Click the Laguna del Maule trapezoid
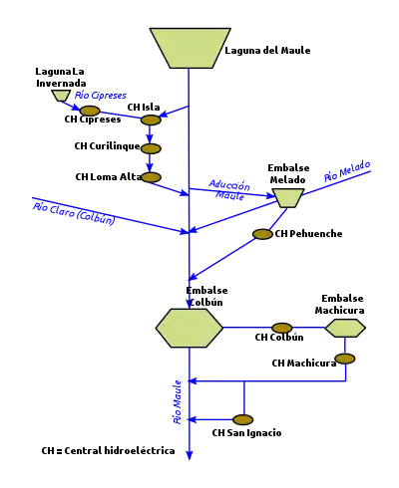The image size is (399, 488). (x=190, y=48)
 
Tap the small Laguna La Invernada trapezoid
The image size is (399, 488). (x=61, y=96)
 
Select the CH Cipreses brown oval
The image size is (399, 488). (x=90, y=111)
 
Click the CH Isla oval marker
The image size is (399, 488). (x=151, y=120)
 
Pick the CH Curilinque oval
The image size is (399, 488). (x=151, y=148)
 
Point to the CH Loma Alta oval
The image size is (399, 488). (x=151, y=177)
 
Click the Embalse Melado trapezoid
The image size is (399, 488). (x=288, y=198)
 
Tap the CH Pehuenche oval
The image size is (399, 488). (x=262, y=234)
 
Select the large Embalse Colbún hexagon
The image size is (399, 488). (x=190, y=328)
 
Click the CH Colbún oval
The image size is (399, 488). (x=282, y=328)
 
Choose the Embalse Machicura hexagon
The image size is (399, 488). (x=345, y=329)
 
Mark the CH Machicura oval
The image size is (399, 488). (x=345, y=359)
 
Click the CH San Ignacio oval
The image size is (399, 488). (x=242, y=420)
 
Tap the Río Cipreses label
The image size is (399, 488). (x=101, y=96)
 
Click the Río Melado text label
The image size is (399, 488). (x=347, y=171)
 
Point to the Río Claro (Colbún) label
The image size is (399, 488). (x=74, y=214)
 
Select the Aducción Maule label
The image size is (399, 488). (x=229, y=190)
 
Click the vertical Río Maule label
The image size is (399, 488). (x=178, y=402)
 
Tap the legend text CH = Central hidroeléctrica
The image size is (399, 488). (x=108, y=451)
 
